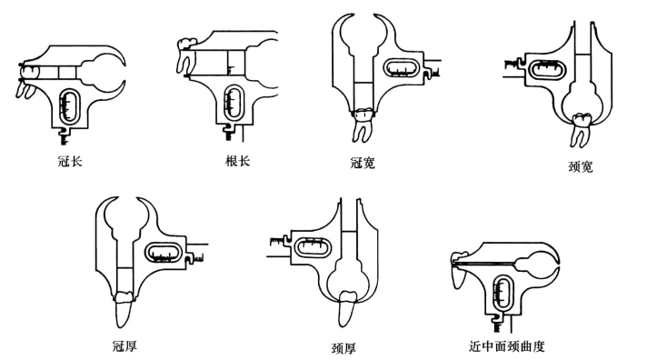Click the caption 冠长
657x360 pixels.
[70, 161]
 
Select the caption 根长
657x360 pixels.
[237, 161]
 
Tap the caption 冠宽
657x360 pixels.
[363, 163]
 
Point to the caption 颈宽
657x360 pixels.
[581, 166]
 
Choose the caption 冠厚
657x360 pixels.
[124, 346]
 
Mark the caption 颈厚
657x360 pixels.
[343, 348]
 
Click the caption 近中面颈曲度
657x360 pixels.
[507, 346]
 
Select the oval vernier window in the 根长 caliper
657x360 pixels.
[234, 102]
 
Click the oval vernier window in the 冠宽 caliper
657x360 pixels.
[402, 68]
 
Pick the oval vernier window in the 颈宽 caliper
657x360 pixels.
[546, 69]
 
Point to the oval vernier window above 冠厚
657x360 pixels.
[164, 253]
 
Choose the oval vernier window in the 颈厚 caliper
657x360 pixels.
[313, 247]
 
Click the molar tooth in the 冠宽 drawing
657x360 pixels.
[363, 125]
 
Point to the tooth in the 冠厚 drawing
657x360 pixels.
[124, 309]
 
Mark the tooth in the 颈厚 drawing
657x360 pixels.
[347, 308]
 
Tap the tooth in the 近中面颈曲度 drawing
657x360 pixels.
[461, 269]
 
